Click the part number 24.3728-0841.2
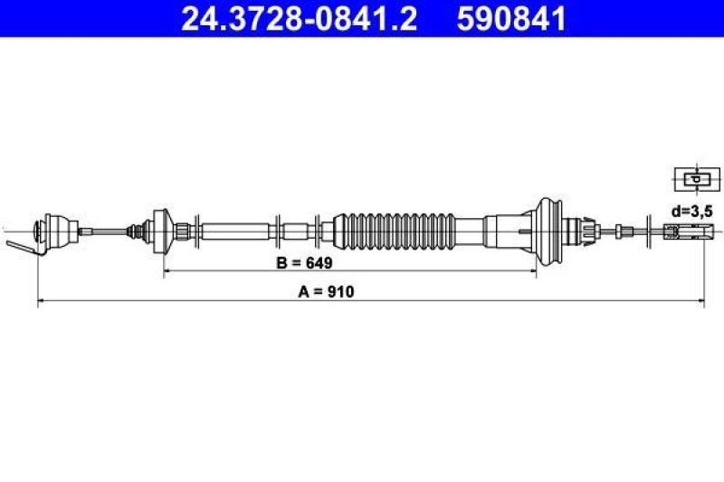tap(299, 18)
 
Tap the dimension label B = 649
tap(304, 263)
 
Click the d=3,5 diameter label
tap(691, 211)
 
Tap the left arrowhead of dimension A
tap(40, 300)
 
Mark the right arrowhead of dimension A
tap(700, 300)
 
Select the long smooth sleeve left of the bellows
tap(235, 230)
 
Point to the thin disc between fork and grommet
tap(649, 230)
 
